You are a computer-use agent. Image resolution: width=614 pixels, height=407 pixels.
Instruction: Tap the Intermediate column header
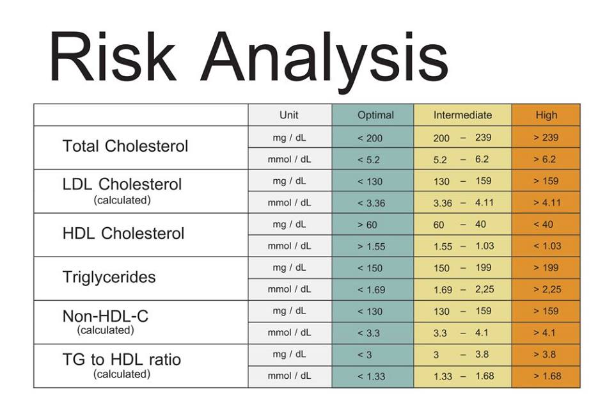tap(462, 115)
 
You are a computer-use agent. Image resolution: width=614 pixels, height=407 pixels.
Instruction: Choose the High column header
tap(546, 115)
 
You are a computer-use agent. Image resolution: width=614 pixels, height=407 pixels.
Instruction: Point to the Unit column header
tap(289, 115)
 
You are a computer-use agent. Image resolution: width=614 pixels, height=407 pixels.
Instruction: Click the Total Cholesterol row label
tap(125, 146)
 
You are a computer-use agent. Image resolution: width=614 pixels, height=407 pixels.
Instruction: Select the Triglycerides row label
tap(109, 277)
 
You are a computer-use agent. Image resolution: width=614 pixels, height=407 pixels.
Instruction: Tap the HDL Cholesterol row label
tap(123, 234)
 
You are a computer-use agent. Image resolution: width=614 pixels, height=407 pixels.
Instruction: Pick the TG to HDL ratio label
tap(122, 360)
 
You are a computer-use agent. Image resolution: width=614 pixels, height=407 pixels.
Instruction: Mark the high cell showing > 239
tap(546, 138)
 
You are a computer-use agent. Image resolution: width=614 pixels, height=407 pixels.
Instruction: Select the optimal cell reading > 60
tap(368, 225)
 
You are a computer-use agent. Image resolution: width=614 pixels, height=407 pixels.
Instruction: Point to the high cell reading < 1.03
tap(547, 246)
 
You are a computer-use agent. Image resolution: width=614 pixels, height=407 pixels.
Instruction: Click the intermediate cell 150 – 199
tap(462, 268)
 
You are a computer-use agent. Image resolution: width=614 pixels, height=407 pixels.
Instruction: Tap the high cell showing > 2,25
tap(547, 289)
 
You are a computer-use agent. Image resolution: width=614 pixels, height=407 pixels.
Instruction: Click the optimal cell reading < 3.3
tap(369, 333)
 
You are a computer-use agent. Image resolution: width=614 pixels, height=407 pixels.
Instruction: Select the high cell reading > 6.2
tap(545, 159)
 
